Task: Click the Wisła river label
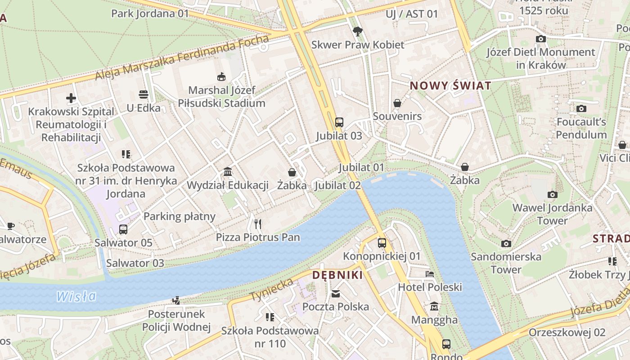coord(76,296)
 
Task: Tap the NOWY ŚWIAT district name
coord(450,85)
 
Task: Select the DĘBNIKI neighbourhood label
coord(337,275)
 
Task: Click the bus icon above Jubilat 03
coord(339,122)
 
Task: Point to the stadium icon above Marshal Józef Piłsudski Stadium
coord(221,76)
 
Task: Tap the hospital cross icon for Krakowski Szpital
coord(71,98)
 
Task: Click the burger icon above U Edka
coord(144,94)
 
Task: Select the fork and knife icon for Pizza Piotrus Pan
coord(257,224)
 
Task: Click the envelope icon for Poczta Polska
coord(336,294)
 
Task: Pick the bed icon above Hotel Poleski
coord(430,274)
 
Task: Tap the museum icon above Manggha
coord(434,306)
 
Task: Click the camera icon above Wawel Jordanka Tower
coord(552,194)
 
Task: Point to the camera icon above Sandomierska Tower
coord(506,243)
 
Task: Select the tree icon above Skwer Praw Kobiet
coord(357,31)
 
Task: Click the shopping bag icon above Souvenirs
coord(397,103)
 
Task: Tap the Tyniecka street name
coord(271,290)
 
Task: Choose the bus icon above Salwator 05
coord(123,229)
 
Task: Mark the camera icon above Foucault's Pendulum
coord(581,108)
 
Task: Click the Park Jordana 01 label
coord(150,13)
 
